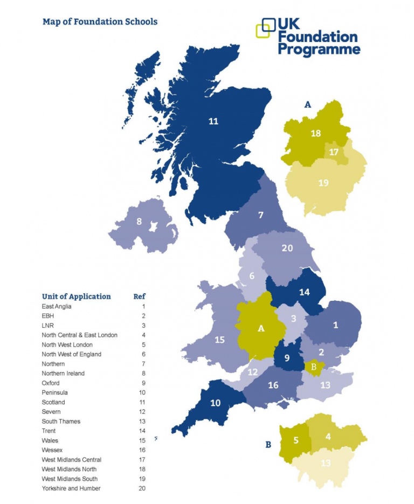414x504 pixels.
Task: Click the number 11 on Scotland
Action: pos(213,121)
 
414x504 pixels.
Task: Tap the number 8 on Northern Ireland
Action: pos(139,221)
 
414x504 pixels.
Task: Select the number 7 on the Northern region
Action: pos(260,215)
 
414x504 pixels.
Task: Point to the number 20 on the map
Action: pos(287,248)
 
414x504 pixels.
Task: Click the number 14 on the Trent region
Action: pos(305,292)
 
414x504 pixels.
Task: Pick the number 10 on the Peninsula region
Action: pos(215,403)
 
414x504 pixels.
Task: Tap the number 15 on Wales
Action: pos(219,340)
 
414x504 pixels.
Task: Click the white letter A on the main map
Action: pos(261,328)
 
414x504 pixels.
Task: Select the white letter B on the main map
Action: pos(313,367)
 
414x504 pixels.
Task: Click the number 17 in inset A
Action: pos(334,152)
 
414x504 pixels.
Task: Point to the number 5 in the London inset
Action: pos(295,440)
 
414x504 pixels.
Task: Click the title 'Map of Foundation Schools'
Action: pos(100,22)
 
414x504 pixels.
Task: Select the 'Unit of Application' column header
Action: pos(77,296)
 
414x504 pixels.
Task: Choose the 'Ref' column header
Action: pos(139,296)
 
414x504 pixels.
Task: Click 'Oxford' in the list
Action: pos(51,383)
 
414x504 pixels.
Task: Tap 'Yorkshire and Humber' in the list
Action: pos(71,488)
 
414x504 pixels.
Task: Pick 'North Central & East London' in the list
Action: pos(79,335)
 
